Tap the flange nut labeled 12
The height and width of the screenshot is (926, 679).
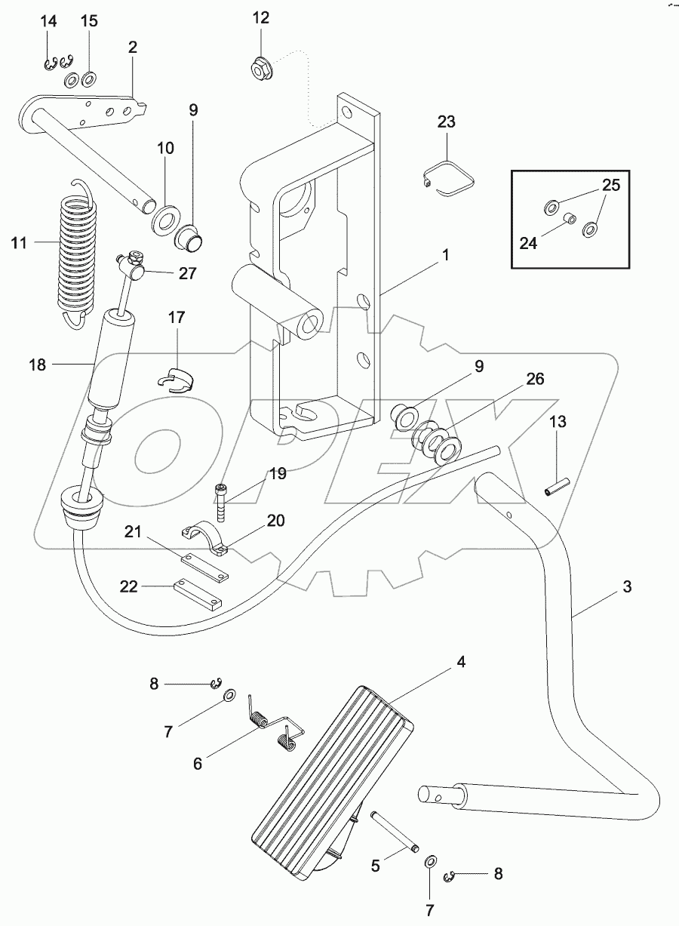tap(260, 69)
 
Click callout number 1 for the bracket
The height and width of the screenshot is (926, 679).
tap(446, 256)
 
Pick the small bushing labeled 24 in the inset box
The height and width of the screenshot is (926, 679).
tap(572, 220)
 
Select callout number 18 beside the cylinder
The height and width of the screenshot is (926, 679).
tap(37, 365)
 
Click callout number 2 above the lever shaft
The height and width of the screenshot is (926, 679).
tap(133, 47)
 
